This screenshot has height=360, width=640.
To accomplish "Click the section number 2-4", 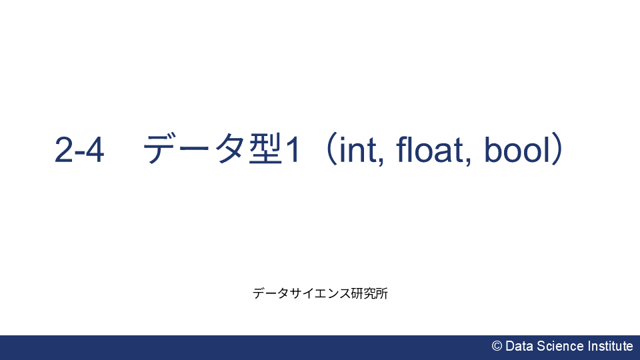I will click(x=79, y=151).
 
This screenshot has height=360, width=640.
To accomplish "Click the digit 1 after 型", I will click(x=291, y=151).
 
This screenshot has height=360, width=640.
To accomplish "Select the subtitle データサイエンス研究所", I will click(x=320, y=293).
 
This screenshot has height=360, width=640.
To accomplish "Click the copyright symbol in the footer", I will click(x=497, y=346).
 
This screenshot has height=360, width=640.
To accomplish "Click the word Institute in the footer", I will click(x=610, y=346).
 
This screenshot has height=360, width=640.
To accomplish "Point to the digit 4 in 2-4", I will click(x=95, y=151).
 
